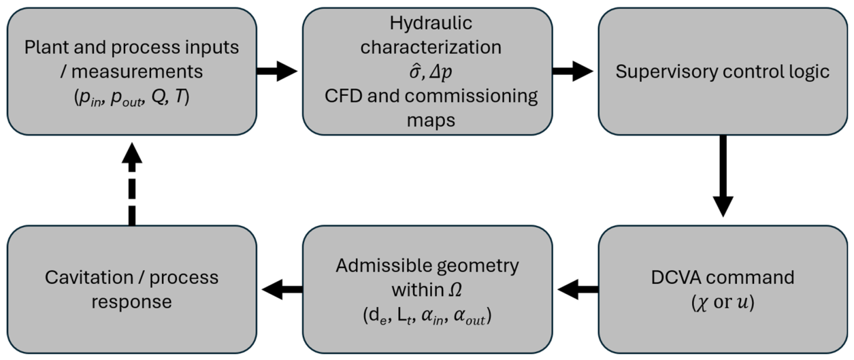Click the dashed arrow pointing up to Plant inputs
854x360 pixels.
132,184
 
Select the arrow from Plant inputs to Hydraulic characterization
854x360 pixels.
277,71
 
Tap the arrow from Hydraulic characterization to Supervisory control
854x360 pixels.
573,71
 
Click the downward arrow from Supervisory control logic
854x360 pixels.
723,176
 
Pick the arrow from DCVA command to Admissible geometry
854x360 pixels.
578,289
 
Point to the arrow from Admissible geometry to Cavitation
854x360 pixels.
282,289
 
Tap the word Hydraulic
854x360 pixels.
431,23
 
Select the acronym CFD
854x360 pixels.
343,96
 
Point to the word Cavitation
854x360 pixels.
89,278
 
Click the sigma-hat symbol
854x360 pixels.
415,71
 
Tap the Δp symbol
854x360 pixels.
441,72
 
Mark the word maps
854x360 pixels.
431,120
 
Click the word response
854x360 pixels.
131,302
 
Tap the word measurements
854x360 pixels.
137,72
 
